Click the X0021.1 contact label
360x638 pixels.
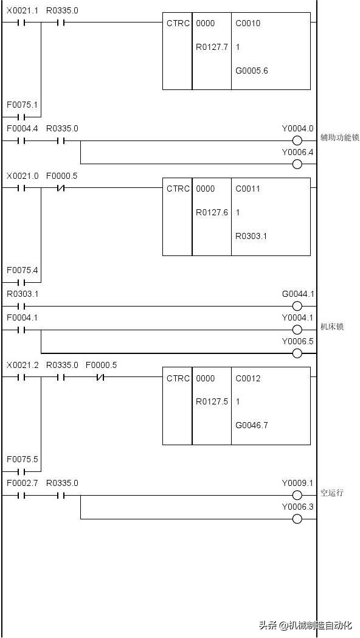click(22, 11)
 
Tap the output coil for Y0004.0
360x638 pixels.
click(297, 141)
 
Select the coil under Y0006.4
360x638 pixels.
click(297, 164)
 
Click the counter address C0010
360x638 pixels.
click(247, 23)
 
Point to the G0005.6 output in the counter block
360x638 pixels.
click(252, 71)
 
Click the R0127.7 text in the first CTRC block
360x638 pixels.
click(212, 47)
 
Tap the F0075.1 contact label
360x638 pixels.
click(22, 105)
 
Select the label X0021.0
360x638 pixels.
click(22, 176)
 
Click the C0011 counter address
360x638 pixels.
click(247, 189)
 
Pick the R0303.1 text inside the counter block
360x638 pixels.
click(251, 236)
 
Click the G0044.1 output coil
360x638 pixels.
click(297, 307)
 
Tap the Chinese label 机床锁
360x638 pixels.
click(332, 327)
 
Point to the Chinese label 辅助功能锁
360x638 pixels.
click(340, 137)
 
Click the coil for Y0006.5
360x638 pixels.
click(297, 353)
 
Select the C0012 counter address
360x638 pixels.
click(247, 378)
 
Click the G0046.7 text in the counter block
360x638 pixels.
click(252, 426)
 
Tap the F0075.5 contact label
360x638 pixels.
click(22, 459)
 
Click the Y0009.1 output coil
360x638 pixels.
click(297, 496)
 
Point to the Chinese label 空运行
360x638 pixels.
click(332, 493)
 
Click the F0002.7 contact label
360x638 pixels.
click(22, 483)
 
